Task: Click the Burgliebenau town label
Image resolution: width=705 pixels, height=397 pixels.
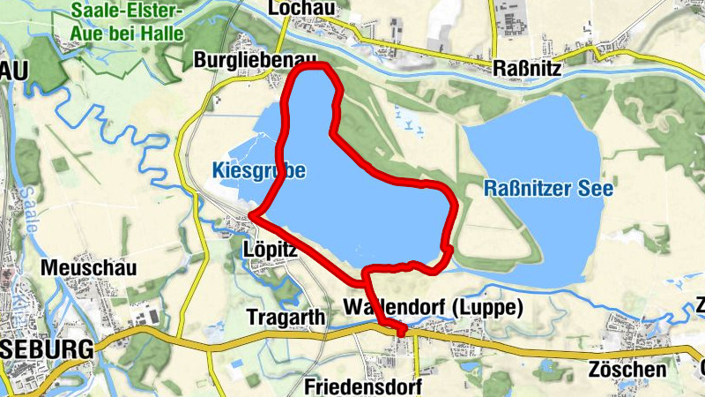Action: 254,59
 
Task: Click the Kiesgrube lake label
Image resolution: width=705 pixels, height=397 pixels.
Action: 259,170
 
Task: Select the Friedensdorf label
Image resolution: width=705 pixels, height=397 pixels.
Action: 363,386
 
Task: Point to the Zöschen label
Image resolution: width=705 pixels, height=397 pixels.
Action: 629,369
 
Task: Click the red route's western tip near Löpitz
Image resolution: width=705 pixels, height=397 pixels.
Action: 253,214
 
